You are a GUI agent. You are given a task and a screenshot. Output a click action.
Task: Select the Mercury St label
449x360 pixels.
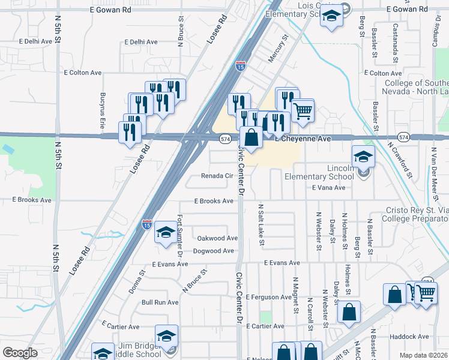tap(278, 48)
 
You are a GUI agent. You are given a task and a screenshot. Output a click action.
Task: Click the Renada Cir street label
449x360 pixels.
tap(217, 176)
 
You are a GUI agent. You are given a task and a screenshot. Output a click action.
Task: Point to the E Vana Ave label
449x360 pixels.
tap(328, 188)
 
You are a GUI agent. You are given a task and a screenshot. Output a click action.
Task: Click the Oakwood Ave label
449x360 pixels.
tap(217, 238)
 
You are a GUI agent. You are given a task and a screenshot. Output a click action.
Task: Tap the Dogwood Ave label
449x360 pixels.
tap(213, 251)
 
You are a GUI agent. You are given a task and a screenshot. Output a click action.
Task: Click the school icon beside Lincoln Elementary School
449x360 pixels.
tap(363, 157)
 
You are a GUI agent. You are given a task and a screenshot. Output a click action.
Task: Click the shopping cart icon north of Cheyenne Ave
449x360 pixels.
tap(303, 110)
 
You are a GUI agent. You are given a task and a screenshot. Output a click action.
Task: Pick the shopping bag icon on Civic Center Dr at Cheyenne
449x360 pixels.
tap(251, 137)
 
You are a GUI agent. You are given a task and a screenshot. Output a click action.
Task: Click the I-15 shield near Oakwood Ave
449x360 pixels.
tap(147, 224)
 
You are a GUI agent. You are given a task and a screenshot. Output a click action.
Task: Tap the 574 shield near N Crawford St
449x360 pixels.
tap(404, 137)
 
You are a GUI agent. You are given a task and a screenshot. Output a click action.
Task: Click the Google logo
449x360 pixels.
tap(20, 353)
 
